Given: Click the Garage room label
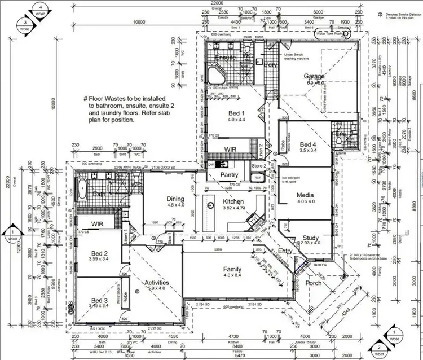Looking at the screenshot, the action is pyautogui.click(x=314, y=76).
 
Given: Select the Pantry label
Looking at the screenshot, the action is pyautogui.click(x=228, y=175).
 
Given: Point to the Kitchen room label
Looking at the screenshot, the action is pyautogui.click(x=233, y=201).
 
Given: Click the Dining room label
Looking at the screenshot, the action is pyautogui.click(x=175, y=199).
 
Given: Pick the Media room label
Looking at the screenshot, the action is pyautogui.click(x=305, y=195).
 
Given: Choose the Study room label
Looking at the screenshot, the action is pyautogui.click(x=311, y=237).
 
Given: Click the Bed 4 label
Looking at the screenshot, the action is pyautogui.click(x=309, y=144).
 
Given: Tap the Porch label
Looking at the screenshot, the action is pyautogui.click(x=314, y=283).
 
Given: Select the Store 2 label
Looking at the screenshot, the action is pyautogui.click(x=258, y=166).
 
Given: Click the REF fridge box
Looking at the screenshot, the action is pyautogui.click(x=257, y=178).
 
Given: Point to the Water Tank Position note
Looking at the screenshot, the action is pyautogui.click(x=331, y=34).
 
